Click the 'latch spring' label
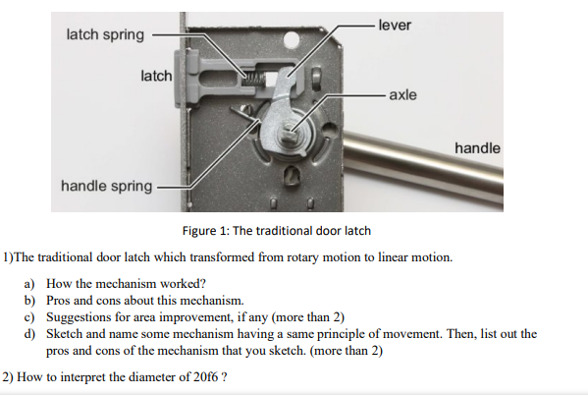tap(104, 35)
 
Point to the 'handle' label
tap(477, 147)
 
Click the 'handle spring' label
tap(106, 185)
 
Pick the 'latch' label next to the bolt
tap(156, 76)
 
